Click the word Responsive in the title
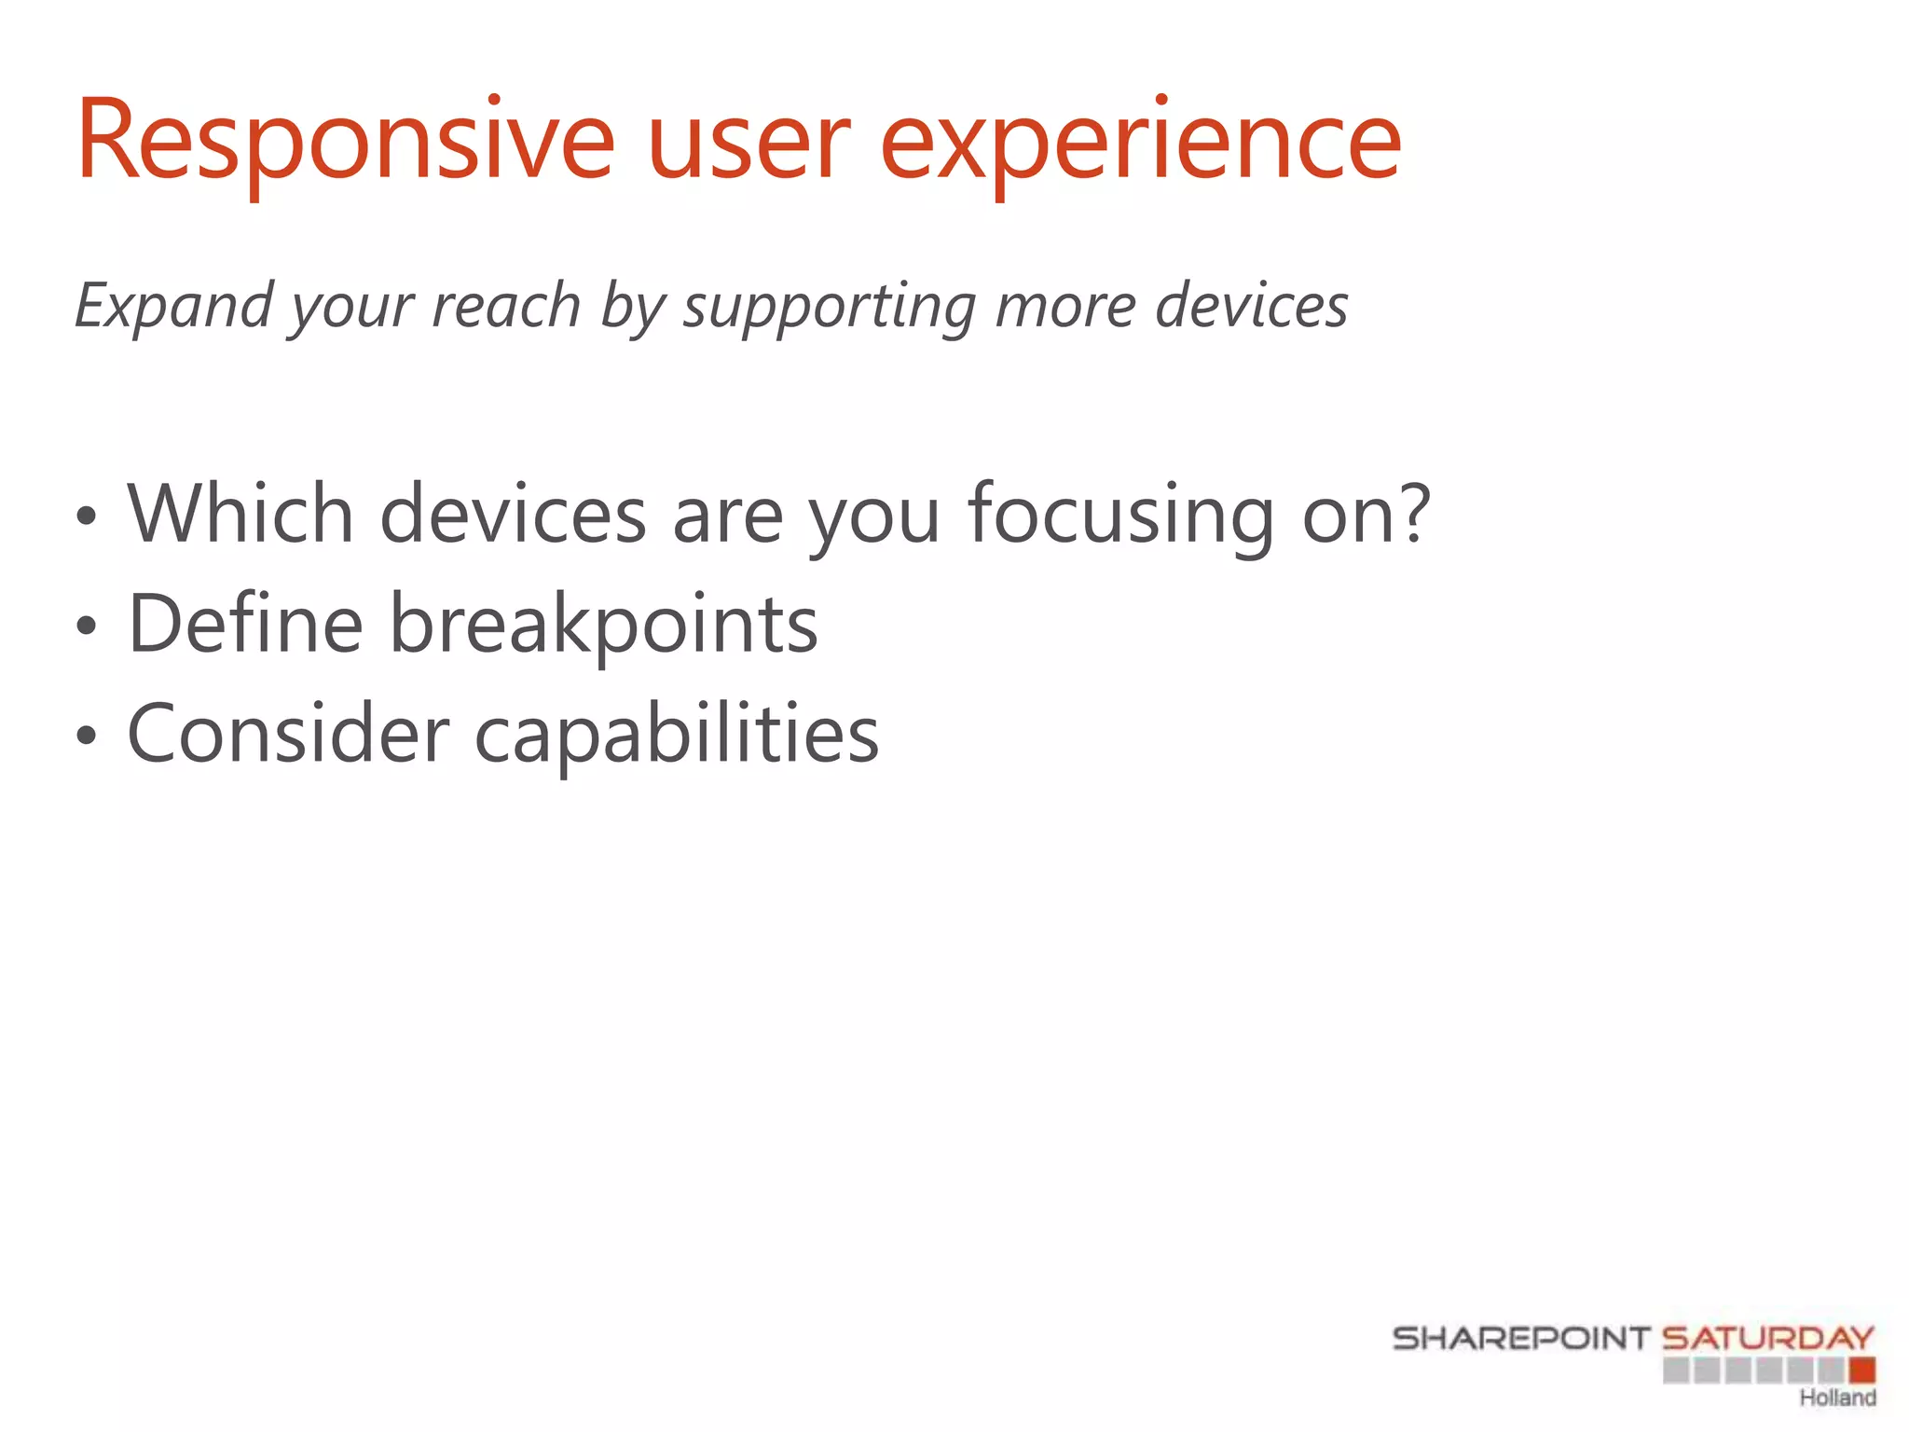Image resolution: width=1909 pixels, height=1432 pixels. (345, 142)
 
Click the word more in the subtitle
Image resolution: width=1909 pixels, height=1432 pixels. (1065, 306)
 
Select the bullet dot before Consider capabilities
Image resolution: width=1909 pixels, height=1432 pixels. (87, 737)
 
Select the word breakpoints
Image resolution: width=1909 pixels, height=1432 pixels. (603, 625)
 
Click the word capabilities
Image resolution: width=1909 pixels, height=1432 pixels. (677, 735)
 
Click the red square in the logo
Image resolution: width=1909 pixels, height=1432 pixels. (1861, 1370)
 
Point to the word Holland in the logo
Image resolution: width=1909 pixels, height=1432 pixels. (1837, 1398)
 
